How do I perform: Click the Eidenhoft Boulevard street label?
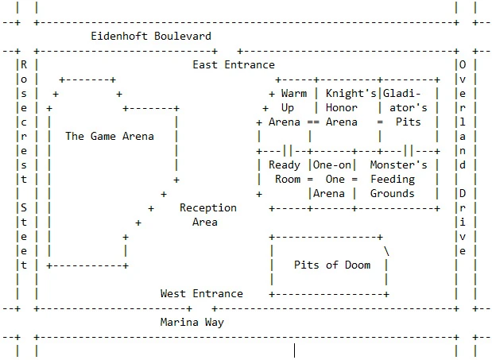coord(151,36)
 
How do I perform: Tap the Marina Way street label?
coord(192,322)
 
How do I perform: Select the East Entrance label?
coord(233,64)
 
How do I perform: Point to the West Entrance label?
coord(201,293)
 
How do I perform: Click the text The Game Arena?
coord(110,136)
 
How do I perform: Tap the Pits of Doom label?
coord(331,265)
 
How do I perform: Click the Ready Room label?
coord(285,172)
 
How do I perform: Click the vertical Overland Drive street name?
coord(462,157)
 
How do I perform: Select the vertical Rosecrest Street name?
coord(23,165)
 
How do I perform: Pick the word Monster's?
coord(399,165)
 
